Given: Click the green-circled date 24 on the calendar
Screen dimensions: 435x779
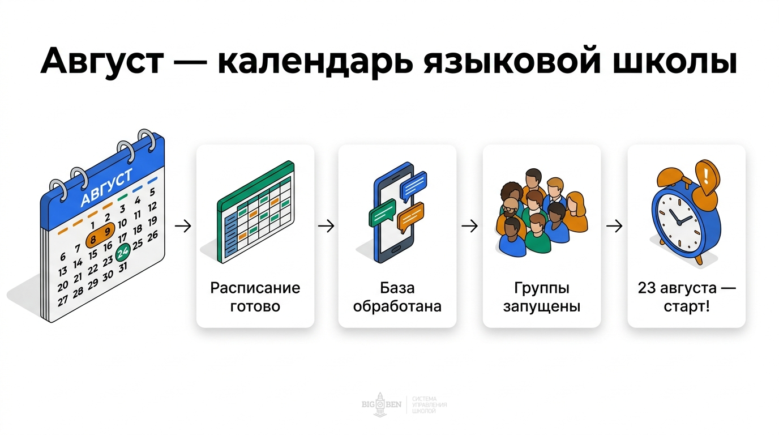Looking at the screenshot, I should (x=123, y=253).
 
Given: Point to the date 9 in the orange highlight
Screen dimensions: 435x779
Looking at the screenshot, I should (x=107, y=233).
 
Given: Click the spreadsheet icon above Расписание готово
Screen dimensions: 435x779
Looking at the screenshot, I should (x=256, y=212).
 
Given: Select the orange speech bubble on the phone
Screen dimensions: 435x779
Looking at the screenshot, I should (x=410, y=217).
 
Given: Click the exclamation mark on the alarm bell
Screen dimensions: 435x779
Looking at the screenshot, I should (x=705, y=170).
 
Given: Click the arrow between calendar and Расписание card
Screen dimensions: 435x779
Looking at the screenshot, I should (x=183, y=226).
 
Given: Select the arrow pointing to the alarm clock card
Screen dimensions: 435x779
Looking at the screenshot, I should (x=614, y=226).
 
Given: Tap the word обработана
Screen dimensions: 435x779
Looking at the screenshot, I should (x=397, y=307).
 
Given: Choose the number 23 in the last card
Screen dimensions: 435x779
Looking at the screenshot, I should (x=647, y=288).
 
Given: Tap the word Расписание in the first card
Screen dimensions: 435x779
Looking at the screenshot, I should (x=255, y=288).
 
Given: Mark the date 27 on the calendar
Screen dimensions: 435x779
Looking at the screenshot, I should (x=63, y=300).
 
